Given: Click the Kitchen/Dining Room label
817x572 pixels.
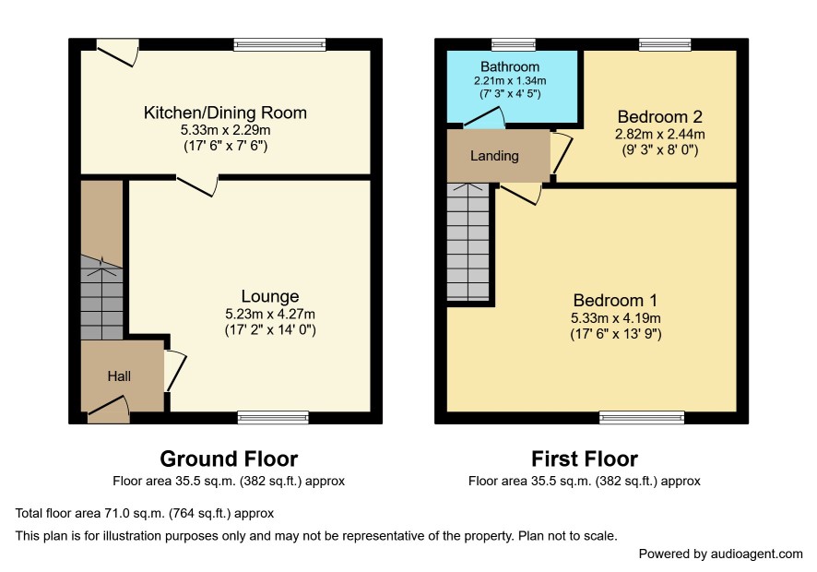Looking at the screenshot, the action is [x=225, y=113].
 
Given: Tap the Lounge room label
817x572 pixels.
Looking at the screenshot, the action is [x=270, y=296].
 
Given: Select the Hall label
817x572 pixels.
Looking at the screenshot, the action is [x=119, y=375].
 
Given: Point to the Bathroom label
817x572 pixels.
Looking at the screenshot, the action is [x=510, y=66].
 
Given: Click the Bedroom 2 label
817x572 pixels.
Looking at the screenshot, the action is [x=659, y=116].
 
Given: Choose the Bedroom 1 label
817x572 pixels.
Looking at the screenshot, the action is [x=615, y=301].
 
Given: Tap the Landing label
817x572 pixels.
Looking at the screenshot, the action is [x=494, y=156].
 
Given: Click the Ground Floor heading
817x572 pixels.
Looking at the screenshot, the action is [x=229, y=459].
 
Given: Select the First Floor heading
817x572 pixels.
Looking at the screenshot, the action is [x=585, y=459].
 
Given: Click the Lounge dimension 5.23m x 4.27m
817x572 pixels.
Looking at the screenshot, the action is [x=270, y=314].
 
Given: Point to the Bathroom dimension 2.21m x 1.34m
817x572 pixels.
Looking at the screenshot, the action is [x=510, y=81].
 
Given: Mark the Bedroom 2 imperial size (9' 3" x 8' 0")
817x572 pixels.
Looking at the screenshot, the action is [x=659, y=150].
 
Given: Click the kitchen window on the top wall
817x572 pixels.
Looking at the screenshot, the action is [x=279, y=45].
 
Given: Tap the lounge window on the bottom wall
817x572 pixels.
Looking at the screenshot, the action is [x=273, y=417].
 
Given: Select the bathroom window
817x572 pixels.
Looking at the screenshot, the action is [x=514, y=45].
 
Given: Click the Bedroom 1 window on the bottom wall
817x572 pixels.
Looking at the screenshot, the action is [x=642, y=417].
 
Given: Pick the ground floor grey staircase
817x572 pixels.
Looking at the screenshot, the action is [x=101, y=298].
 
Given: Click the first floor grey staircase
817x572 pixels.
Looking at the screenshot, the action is [x=468, y=242].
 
